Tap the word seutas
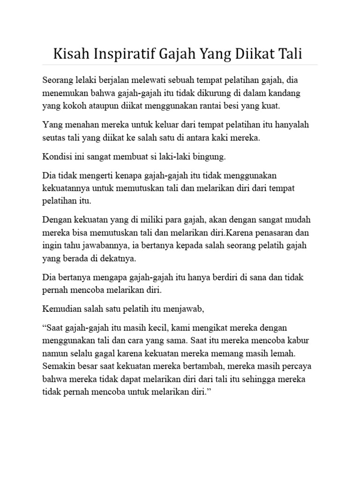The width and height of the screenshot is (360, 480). click(x=54, y=138)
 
